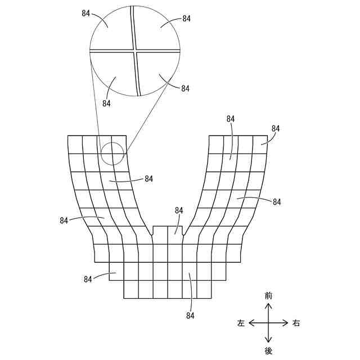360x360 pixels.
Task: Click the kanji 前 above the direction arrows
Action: pyautogui.click(x=268, y=295)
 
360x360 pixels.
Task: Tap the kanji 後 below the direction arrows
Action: pyautogui.click(x=268, y=350)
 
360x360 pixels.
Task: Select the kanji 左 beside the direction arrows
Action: pyautogui.click(x=241, y=323)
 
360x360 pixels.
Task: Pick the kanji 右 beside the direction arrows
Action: pyautogui.click(x=296, y=323)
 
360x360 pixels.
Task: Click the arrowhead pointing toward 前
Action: pyautogui.click(x=268, y=305)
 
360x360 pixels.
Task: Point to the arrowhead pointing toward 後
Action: pyautogui.click(x=268, y=340)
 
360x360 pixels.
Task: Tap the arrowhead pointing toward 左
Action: pyautogui.click(x=251, y=323)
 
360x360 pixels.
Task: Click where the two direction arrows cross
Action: pyautogui.click(x=268, y=323)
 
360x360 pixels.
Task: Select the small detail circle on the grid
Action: pyautogui.click(x=112, y=153)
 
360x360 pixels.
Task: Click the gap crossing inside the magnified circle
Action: pyautogui.click(x=136, y=51)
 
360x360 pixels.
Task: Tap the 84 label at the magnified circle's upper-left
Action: pyautogui.click(x=86, y=13)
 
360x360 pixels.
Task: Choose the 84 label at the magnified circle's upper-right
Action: pyautogui.click(x=186, y=19)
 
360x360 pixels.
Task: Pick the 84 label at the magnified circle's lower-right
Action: pyautogui.click(x=185, y=88)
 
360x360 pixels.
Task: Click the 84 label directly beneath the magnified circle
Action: pyautogui.click(x=107, y=103)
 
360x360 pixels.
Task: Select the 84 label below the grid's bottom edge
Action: pyautogui.click(x=190, y=316)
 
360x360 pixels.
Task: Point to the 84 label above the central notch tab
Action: pyautogui.click(x=179, y=210)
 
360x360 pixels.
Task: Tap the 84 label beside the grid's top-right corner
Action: pyautogui.click(x=275, y=128)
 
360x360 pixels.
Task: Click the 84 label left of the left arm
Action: pyautogui.click(x=64, y=220)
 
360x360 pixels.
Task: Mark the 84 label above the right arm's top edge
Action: pyautogui.click(x=231, y=119)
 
